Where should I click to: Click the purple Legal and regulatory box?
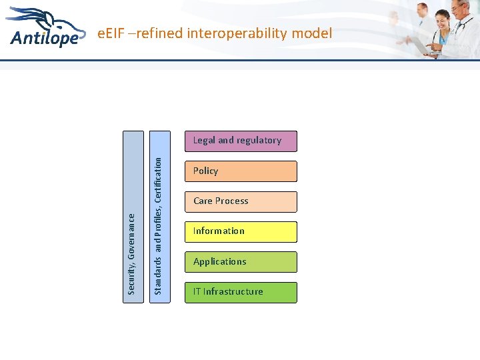pyautogui.click(x=240, y=141)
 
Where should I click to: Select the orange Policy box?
pyautogui.click(x=240, y=171)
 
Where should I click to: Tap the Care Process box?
pyautogui.click(x=240, y=201)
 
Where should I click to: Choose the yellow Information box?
pyautogui.click(x=240, y=231)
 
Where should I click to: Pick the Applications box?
pyautogui.click(x=240, y=262)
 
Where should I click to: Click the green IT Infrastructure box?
pyautogui.click(x=240, y=292)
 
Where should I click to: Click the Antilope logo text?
pyautogui.click(x=44, y=37)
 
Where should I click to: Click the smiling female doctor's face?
pyautogui.click(x=442, y=19)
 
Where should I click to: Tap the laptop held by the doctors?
pyautogui.click(x=422, y=46)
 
